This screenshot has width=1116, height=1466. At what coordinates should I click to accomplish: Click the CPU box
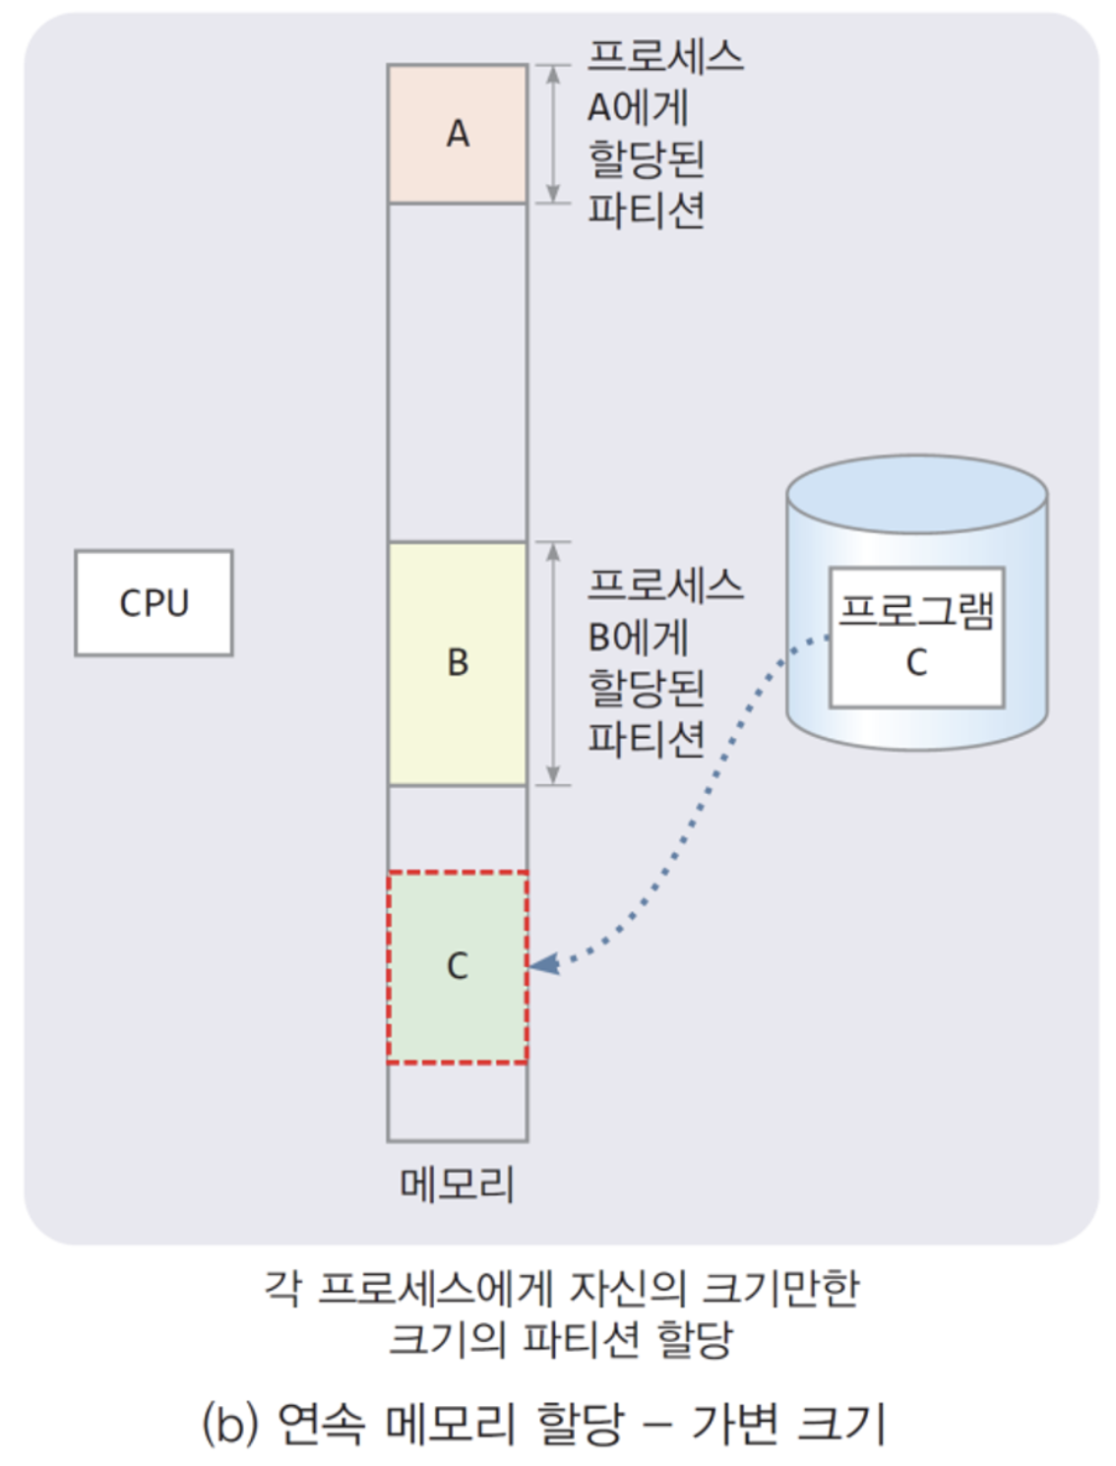(154, 603)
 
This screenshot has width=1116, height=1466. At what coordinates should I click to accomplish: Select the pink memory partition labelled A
(458, 135)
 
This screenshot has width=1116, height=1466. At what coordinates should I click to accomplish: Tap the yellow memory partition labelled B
(458, 663)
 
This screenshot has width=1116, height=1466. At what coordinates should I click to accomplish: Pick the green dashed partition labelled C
(458, 966)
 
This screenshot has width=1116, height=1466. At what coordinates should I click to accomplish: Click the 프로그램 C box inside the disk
(916, 637)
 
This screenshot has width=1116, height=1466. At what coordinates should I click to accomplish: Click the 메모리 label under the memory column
(458, 1185)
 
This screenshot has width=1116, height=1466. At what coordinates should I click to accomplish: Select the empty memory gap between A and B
(458, 372)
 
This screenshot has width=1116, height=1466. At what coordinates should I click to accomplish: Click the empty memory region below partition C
(458, 1102)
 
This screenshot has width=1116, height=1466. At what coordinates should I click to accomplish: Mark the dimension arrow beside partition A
(553, 135)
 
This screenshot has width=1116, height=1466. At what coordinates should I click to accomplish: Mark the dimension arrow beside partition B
(553, 663)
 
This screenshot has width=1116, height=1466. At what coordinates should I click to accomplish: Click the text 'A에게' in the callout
(638, 108)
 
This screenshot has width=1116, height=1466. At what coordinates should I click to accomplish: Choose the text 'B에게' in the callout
(638, 638)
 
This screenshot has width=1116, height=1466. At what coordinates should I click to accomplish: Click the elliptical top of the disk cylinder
(916, 494)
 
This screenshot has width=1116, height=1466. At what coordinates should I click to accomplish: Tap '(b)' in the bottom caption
(229, 1424)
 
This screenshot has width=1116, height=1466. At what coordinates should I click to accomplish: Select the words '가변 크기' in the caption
(788, 1424)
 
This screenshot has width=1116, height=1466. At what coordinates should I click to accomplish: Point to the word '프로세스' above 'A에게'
(665, 56)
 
